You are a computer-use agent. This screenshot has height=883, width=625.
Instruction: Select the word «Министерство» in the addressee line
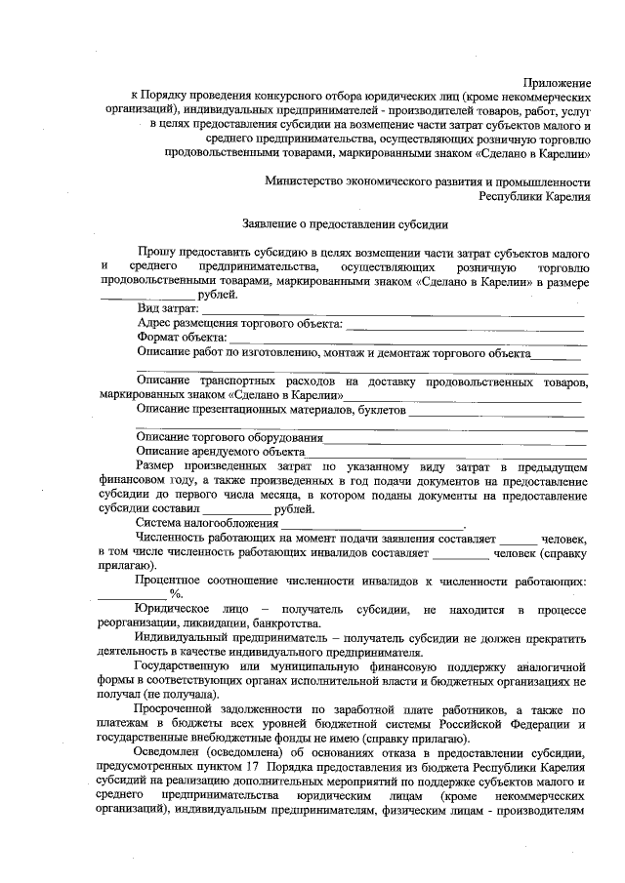pyautogui.click(x=307, y=182)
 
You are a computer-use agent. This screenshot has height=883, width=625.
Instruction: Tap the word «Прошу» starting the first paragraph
pyautogui.click(x=158, y=252)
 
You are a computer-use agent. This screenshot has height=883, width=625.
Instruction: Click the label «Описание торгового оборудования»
pyautogui.click(x=229, y=439)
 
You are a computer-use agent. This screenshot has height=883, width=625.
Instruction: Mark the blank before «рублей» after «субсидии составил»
pyautogui.click(x=236, y=510)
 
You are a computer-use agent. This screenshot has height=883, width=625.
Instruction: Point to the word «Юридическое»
pyautogui.click(x=176, y=609)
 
